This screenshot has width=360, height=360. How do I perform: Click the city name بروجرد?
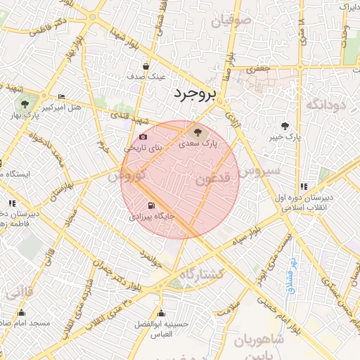point(196,93)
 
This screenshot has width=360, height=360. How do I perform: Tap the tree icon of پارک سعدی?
point(196,131)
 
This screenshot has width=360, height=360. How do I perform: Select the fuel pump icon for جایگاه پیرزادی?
point(150,206)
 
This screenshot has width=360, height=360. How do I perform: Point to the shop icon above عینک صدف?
point(146,66)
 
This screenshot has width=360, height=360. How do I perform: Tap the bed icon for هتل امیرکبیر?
point(61,96)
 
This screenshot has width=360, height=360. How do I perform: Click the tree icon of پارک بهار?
point(25,104)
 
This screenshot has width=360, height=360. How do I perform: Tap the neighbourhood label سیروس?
point(259,170)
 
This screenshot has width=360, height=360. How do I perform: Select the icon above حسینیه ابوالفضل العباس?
point(161,314)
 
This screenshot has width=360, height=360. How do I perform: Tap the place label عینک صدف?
point(146,75)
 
